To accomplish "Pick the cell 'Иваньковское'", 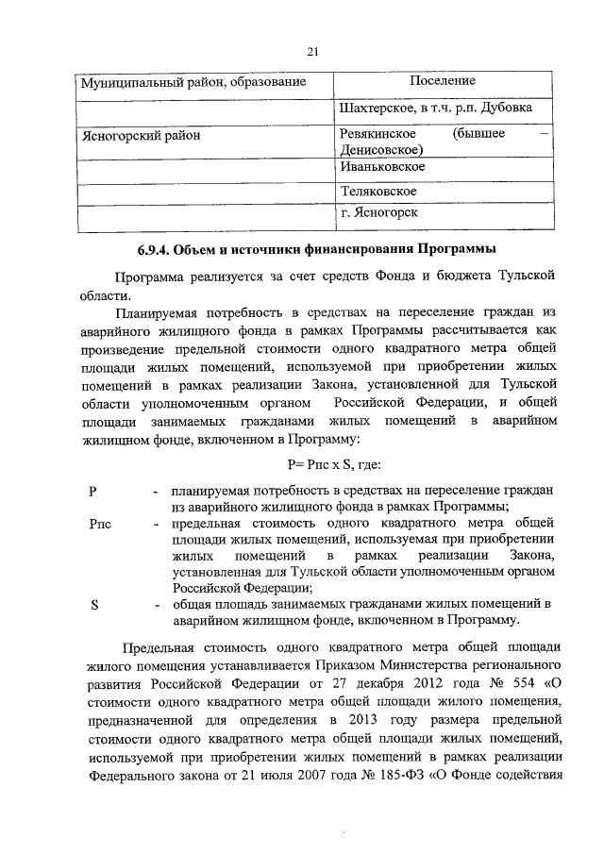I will pos(383,166).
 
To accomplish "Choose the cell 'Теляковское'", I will pos(378,191).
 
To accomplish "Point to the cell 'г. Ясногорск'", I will pos(379,214).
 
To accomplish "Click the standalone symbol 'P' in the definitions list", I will pos(92,492).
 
